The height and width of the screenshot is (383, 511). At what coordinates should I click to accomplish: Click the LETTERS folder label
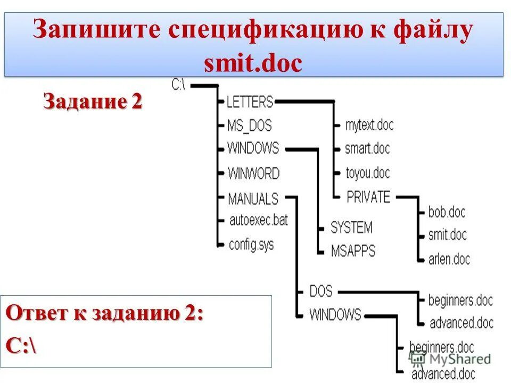pyautogui.click(x=250, y=101)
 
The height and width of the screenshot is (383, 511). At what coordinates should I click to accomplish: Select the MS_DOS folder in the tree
pyautogui.click(x=249, y=126)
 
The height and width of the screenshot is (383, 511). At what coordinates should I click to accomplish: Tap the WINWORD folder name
pyautogui.click(x=253, y=173)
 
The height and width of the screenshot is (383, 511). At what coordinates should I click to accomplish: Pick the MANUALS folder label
pyautogui.click(x=253, y=198)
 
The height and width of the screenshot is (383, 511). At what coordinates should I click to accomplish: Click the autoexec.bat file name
pyautogui.click(x=258, y=220)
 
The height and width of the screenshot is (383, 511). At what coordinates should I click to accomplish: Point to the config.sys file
pyautogui.click(x=251, y=245)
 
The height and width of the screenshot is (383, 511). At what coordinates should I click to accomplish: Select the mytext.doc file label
pyautogui.click(x=369, y=126)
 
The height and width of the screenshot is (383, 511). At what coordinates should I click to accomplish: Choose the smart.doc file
pyautogui.click(x=367, y=148)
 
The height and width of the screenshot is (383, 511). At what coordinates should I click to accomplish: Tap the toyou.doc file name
pyautogui.click(x=367, y=173)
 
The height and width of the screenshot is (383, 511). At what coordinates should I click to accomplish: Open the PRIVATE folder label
pyautogui.click(x=368, y=197)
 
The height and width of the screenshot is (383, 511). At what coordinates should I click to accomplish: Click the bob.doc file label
pyautogui.click(x=447, y=212)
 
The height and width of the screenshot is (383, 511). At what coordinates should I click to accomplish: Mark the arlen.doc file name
pyautogui.click(x=449, y=259)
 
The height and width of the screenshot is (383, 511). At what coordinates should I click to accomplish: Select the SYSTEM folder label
pyautogui.click(x=351, y=228)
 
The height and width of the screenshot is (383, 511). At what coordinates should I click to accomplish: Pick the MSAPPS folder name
pyautogui.click(x=353, y=250)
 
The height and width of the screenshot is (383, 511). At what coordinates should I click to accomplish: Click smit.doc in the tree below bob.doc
pyautogui.click(x=447, y=234)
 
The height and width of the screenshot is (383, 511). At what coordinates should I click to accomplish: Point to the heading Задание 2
pyautogui.click(x=93, y=101)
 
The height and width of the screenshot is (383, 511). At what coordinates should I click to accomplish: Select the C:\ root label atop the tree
pyautogui.click(x=179, y=85)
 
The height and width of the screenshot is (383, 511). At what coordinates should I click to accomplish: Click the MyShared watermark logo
pyautogui.click(x=450, y=359)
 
